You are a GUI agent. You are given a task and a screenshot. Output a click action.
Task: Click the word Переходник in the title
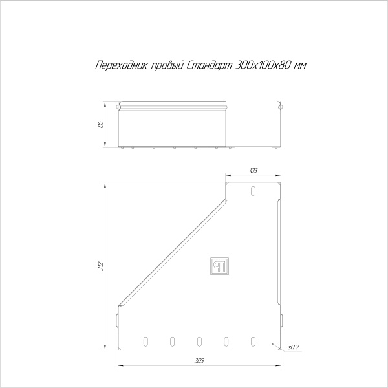point(117,66)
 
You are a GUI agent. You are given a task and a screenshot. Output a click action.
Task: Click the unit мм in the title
point(299,66)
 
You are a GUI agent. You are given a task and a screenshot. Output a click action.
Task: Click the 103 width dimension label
point(252,170)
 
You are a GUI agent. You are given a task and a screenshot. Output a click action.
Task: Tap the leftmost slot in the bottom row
point(145,340)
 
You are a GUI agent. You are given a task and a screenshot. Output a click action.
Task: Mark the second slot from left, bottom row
point(172,340)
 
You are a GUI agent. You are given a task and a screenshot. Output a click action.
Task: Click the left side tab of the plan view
point(117,318)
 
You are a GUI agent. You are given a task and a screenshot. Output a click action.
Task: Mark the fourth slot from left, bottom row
point(226,340)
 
